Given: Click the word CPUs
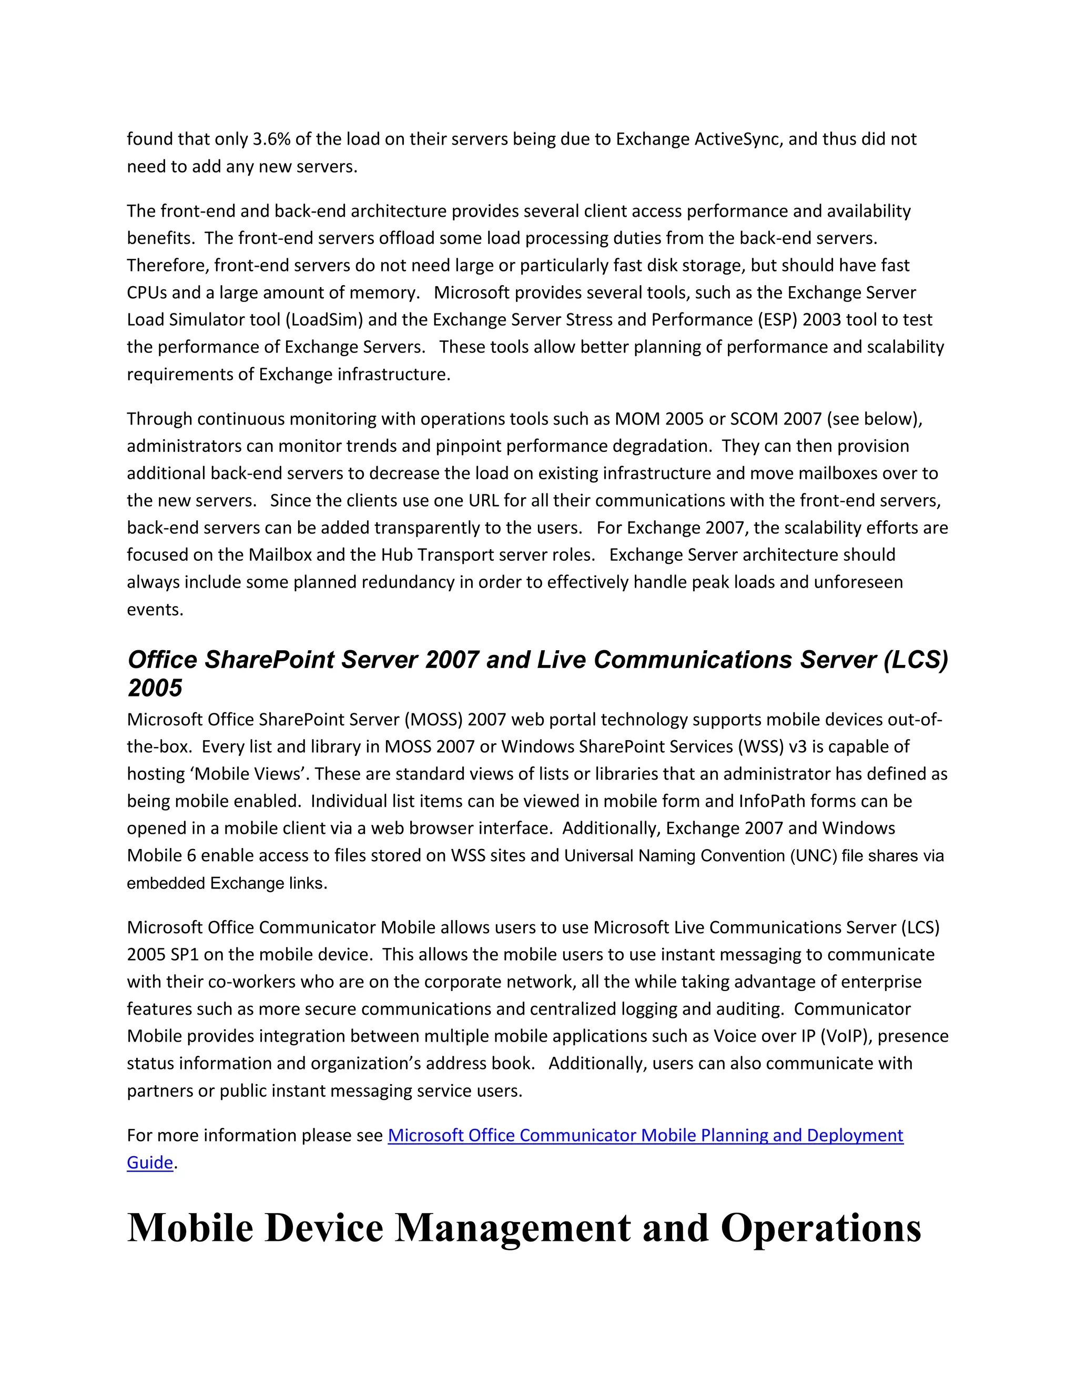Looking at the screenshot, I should click(x=146, y=292).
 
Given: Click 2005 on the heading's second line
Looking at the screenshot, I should click(x=155, y=688).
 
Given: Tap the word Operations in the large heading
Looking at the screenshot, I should click(x=820, y=1228).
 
